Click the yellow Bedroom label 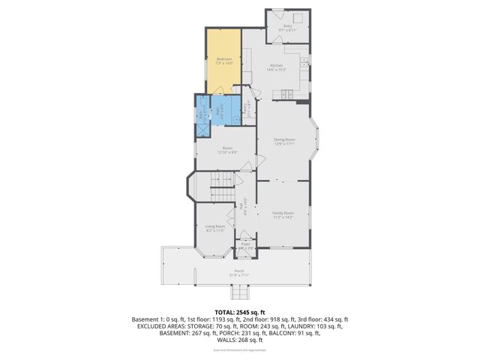point(224,61)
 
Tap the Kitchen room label point(279,67)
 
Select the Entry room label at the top point(287,28)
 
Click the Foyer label point(245,245)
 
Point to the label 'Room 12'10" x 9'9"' point(227,150)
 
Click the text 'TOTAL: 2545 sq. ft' point(240,311)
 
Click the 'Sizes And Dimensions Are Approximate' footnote point(240,350)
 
